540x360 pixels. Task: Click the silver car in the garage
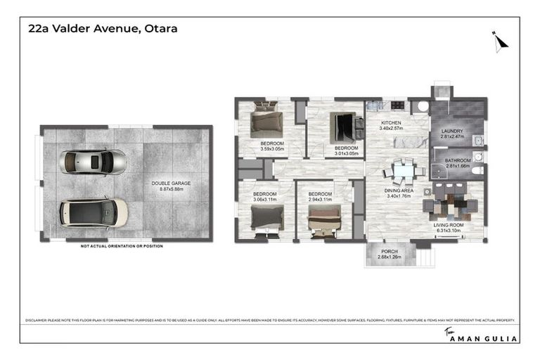(94, 162)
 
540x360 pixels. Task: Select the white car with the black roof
(94, 212)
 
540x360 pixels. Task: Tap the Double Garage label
(171, 184)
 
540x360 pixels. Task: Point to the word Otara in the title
(161, 29)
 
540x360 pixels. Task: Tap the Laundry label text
(452, 131)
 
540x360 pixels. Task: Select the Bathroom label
(457, 160)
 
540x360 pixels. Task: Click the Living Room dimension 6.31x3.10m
(449, 230)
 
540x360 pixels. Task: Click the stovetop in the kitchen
(397, 106)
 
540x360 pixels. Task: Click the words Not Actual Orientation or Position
(121, 246)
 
